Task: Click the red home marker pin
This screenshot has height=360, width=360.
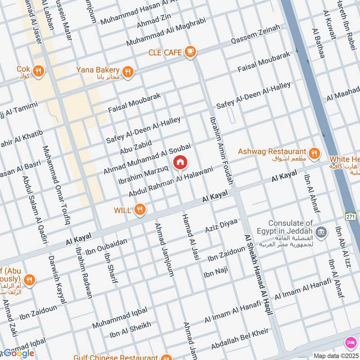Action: point(180,162)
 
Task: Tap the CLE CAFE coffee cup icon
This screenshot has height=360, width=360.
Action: point(190,52)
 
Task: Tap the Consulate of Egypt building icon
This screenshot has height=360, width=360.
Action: point(320,233)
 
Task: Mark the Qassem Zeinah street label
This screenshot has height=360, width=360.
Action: point(255,34)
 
